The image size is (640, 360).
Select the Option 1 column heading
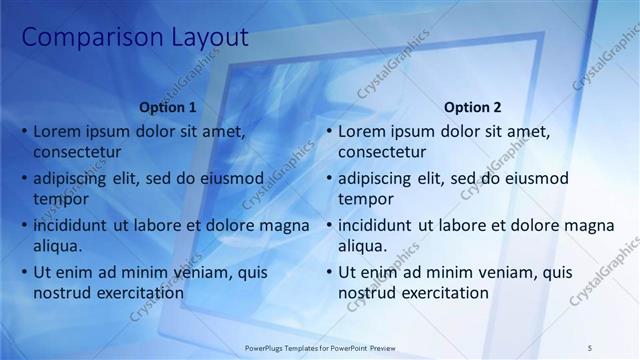pyautogui.click(x=167, y=108)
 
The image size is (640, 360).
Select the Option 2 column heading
pyautogui.click(x=472, y=108)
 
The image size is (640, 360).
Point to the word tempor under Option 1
pyautogui.click(x=60, y=199)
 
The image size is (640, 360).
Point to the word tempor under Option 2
pyautogui.click(x=365, y=199)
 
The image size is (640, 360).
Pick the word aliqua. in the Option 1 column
pyautogui.click(x=58, y=246)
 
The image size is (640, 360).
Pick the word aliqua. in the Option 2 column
pyautogui.click(x=363, y=246)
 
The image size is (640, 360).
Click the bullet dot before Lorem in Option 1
pyautogui.click(x=24, y=132)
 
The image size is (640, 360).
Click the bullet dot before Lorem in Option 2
pyautogui.click(x=329, y=132)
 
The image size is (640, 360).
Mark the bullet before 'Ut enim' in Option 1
pyautogui.click(x=24, y=273)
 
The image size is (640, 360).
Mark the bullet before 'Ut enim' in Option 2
pyautogui.click(x=329, y=273)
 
